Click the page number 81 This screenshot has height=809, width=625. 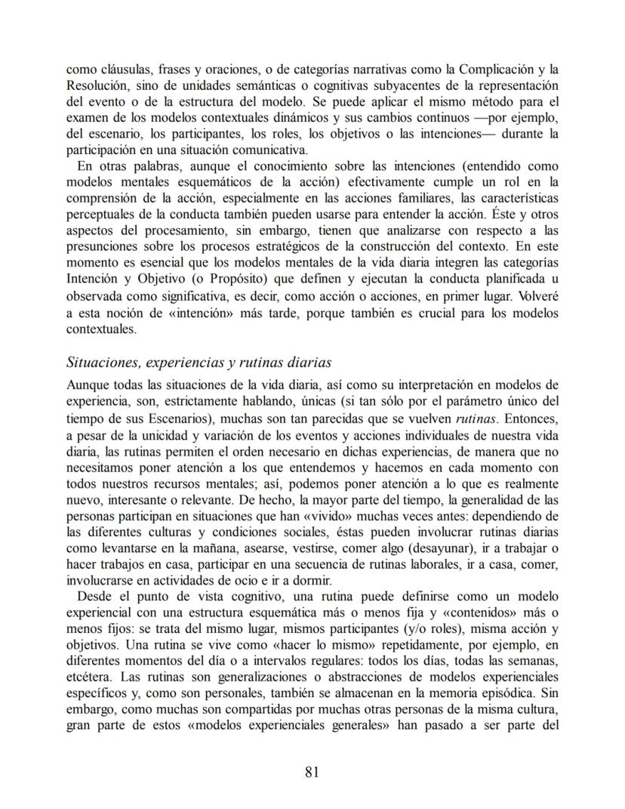click(312, 771)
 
